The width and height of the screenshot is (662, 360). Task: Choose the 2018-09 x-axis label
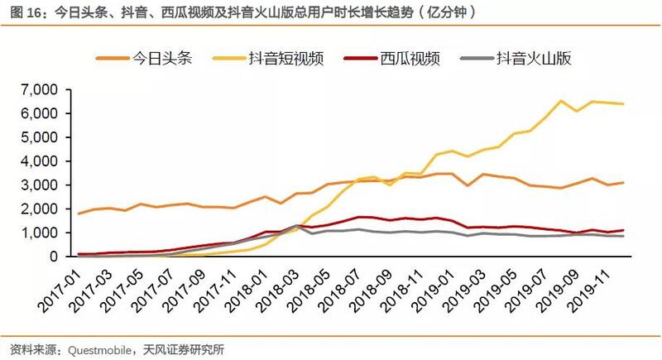pos(372,286)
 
